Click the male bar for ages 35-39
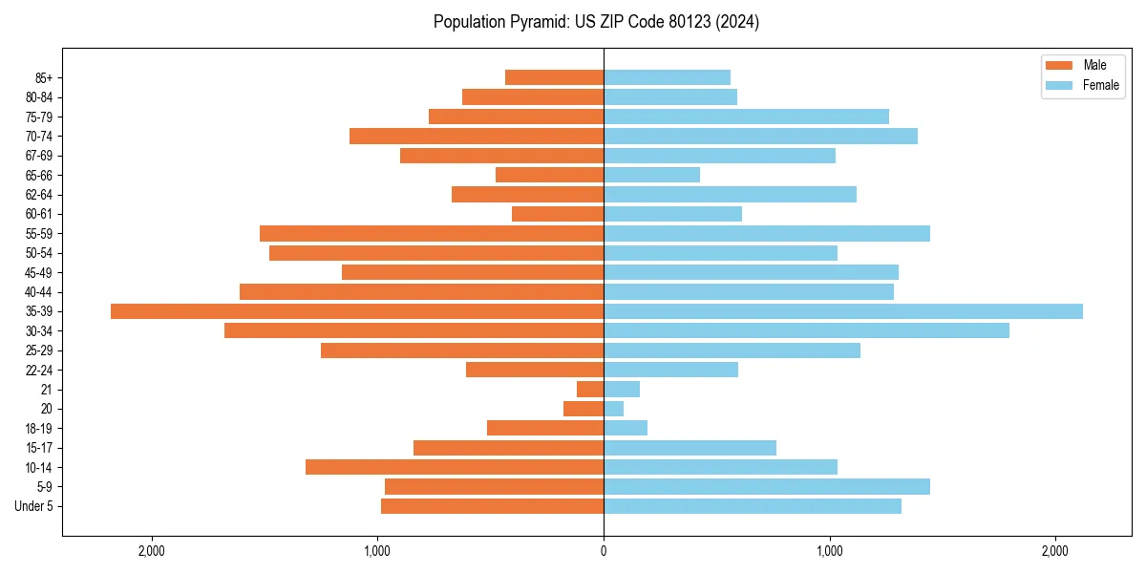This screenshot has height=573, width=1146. tap(357, 311)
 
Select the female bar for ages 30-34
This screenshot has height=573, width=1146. tap(806, 330)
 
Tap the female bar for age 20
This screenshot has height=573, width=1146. tap(613, 409)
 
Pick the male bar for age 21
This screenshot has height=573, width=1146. tap(590, 389)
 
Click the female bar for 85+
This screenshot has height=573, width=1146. tap(667, 77)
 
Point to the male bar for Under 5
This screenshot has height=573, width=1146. tap(492, 506)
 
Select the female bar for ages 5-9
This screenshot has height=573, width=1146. tap(767, 486)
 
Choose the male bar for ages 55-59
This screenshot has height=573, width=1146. tap(432, 233)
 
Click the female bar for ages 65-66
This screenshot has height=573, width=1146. tap(651, 175)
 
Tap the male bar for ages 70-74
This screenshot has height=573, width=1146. tap(477, 136)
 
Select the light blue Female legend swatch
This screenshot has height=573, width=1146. tap(1060, 85)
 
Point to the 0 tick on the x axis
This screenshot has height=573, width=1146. tap(604, 551)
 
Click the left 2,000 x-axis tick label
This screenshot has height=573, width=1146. tap(152, 551)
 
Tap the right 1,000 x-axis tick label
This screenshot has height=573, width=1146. tap(829, 551)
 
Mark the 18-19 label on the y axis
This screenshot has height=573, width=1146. tap(39, 428)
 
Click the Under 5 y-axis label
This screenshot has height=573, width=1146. tap(33, 506)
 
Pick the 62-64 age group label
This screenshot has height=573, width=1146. tap(39, 194)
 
